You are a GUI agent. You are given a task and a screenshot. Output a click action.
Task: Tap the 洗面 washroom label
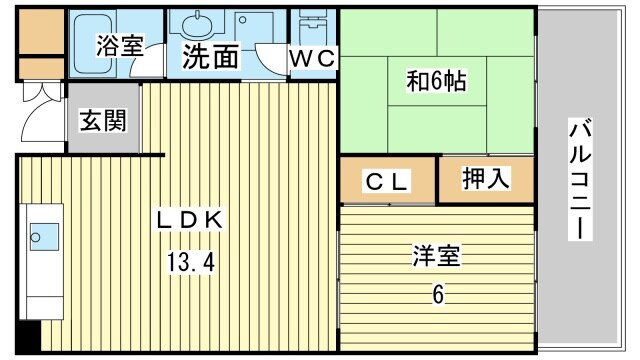(x=210, y=57)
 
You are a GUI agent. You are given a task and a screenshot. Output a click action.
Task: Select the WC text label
(x=313, y=58)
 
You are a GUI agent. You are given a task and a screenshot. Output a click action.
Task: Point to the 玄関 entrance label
(x=103, y=121)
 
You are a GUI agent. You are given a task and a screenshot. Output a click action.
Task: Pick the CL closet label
(x=387, y=182)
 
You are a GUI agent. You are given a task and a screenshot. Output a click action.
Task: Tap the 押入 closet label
(x=486, y=180)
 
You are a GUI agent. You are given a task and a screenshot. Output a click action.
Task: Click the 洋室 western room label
(x=437, y=256)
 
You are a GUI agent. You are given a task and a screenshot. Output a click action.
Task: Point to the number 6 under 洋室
(x=438, y=295)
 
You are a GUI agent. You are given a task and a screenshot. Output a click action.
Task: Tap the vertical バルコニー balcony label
(x=580, y=180)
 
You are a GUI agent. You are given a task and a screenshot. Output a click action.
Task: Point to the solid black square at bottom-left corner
(x=29, y=337)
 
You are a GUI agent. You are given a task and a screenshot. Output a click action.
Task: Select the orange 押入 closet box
(x=487, y=180)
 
